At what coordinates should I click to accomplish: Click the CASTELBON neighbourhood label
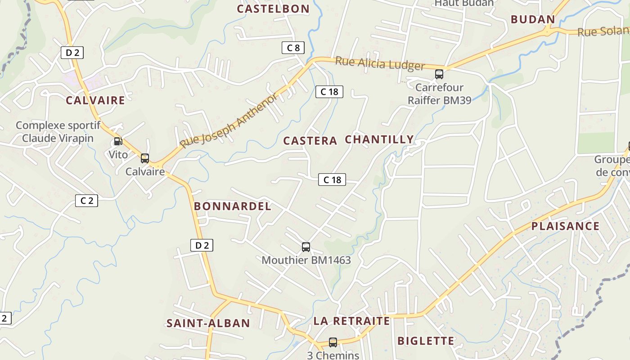click(273, 9)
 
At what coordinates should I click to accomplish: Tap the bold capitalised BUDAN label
click(533, 19)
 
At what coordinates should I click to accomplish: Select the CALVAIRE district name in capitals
click(95, 100)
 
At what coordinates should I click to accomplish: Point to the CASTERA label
click(310, 141)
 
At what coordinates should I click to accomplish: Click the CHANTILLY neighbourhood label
click(379, 139)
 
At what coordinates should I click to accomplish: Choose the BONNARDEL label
click(233, 207)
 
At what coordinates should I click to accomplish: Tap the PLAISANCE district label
click(566, 226)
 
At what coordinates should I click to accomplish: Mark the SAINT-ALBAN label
click(208, 323)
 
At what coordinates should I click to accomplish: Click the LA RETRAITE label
click(352, 321)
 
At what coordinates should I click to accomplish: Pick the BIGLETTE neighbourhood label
click(426, 341)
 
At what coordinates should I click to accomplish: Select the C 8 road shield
click(293, 48)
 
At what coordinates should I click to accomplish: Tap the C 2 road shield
click(86, 201)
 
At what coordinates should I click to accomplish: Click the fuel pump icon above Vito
click(118, 141)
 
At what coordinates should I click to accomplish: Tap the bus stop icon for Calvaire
click(145, 158)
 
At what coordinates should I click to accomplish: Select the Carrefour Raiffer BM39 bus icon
click(439, 74)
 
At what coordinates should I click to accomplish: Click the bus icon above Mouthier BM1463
click(306, 247)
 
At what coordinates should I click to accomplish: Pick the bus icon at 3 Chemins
click(333, 342)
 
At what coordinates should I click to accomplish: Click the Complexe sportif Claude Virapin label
click(58, 132)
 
